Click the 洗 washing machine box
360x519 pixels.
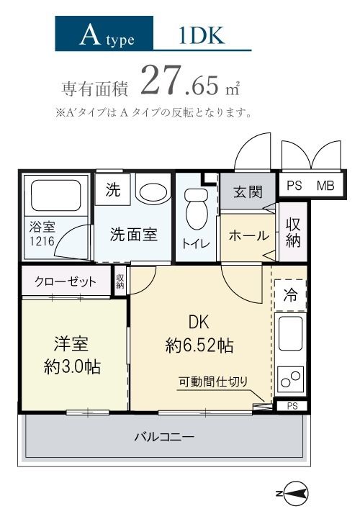click(x=113, y=191)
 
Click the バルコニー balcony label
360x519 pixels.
click(x=163, y=436)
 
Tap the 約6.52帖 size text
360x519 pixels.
click(x=199, y=345)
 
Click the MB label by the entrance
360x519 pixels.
click(x=325, y=185)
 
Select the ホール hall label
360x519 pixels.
click(x=248, y=235)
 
